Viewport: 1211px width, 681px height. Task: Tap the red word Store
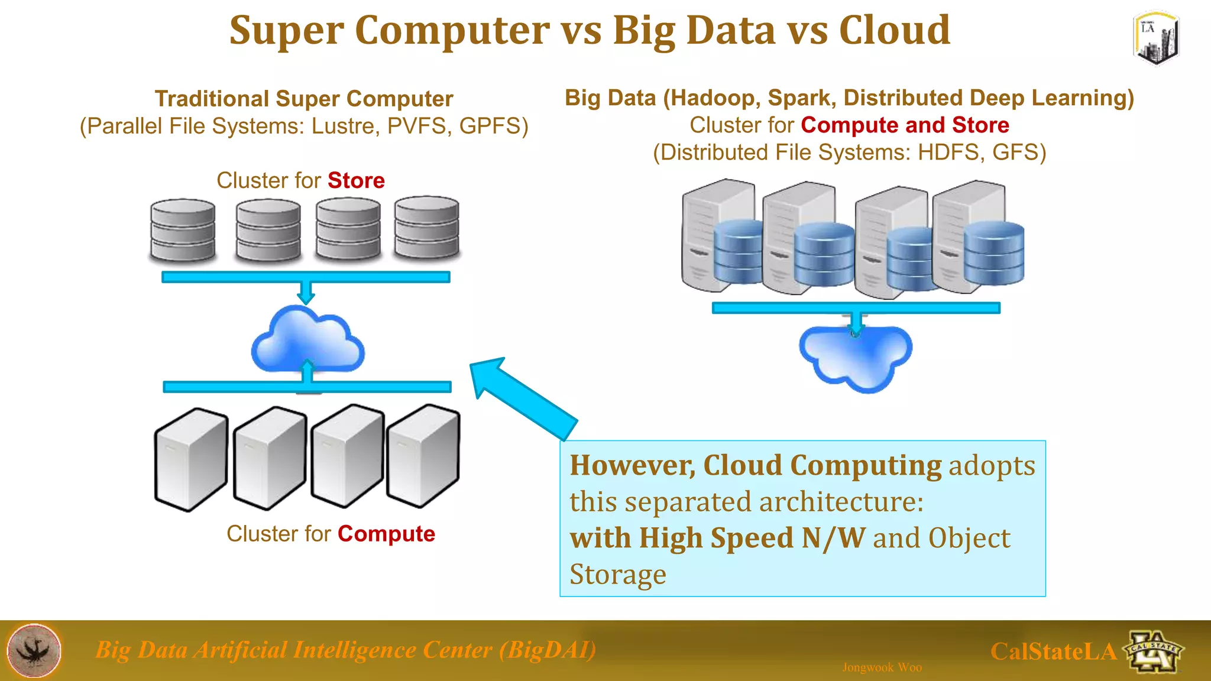[356, 180]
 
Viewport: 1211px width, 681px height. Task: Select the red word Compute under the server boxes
[386, 534]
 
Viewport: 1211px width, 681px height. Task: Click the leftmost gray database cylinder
[183, 231]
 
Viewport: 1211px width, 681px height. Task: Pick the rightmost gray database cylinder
[427, 228]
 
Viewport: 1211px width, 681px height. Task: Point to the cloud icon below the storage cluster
[307, 340]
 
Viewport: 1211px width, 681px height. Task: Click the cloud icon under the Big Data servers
[856, 358]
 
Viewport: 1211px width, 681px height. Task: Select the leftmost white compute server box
[191, 459]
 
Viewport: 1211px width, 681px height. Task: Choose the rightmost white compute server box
[423, 456]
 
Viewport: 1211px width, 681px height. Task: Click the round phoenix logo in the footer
[34, 650]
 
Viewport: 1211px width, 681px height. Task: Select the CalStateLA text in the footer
[1053, 651]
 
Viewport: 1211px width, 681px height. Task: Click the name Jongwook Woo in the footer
[882, 667]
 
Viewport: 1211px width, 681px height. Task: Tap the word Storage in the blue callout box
[618, 574]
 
